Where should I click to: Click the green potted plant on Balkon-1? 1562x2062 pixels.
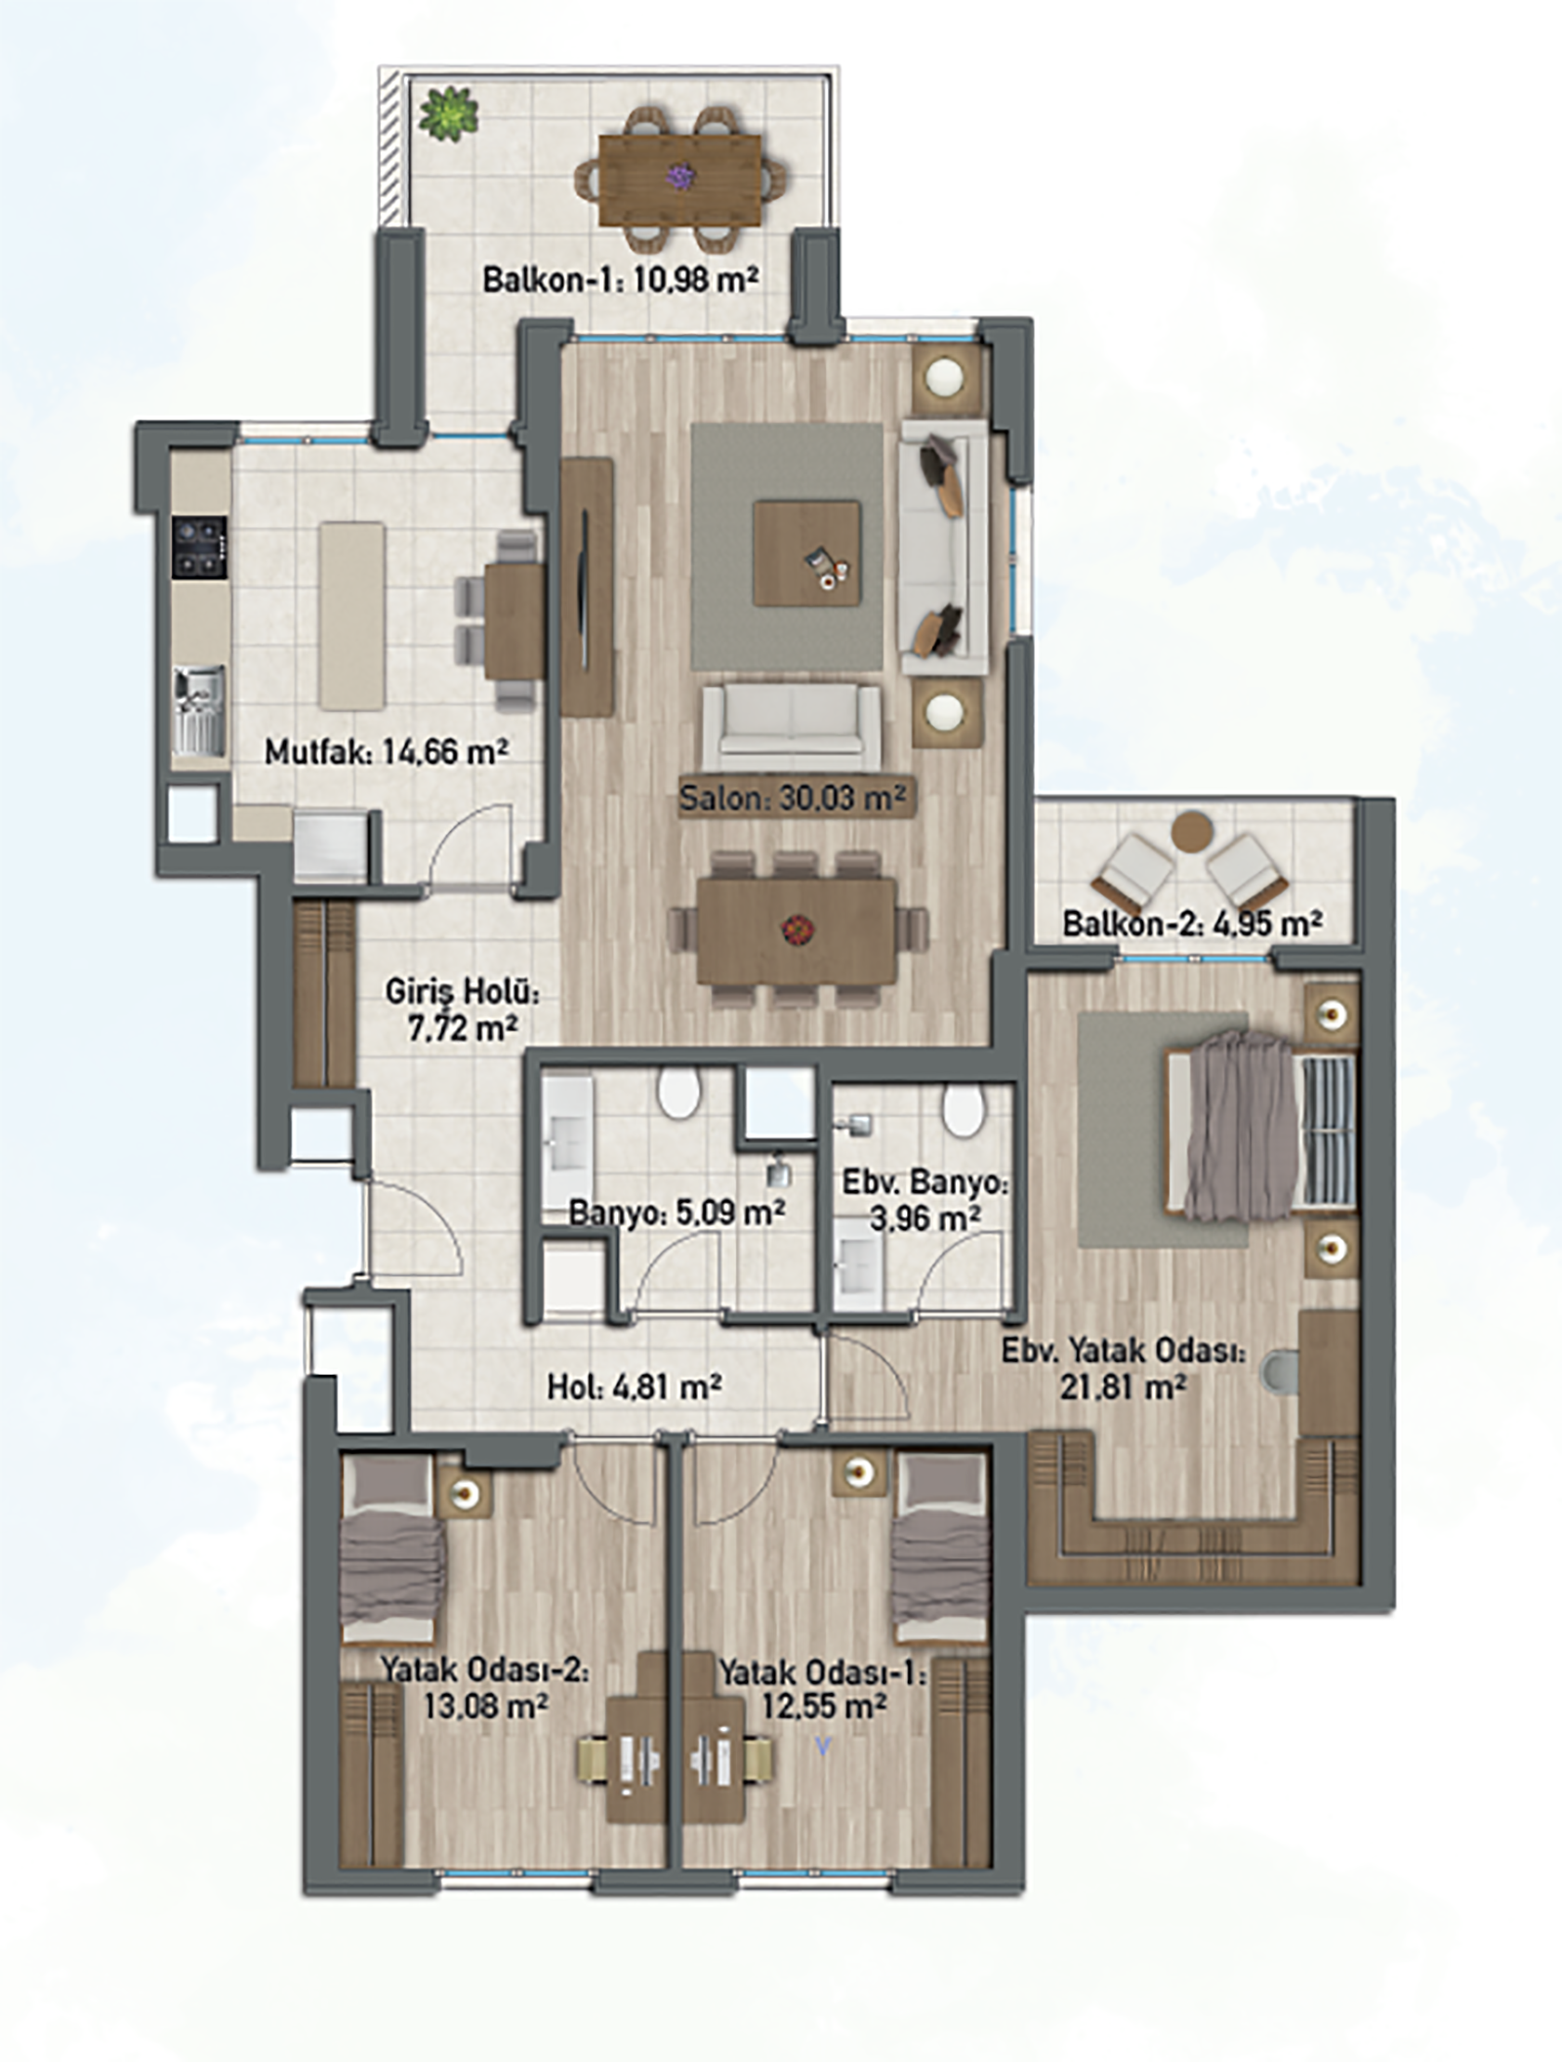449,112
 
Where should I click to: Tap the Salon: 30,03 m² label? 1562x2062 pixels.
794,798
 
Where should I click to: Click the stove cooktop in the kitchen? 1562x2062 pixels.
200,548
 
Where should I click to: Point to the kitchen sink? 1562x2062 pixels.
200,710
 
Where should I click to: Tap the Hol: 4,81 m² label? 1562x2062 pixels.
635,1387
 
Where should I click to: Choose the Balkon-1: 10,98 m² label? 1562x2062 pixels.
621,281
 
